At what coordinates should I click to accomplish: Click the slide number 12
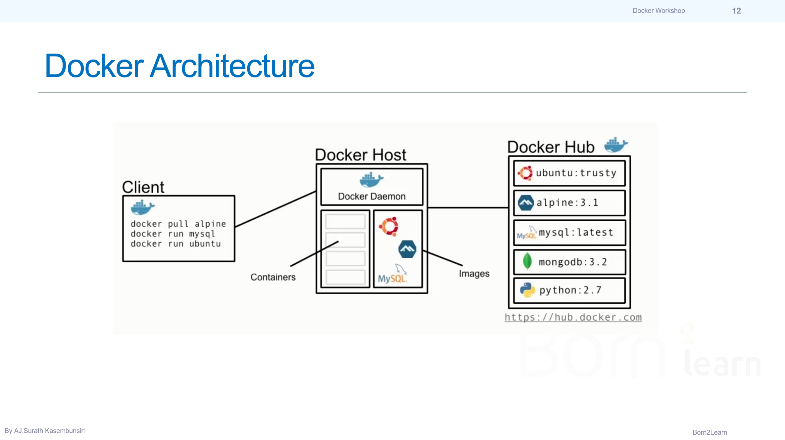[x=736, y=11]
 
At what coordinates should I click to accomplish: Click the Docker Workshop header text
[x=659, y=11]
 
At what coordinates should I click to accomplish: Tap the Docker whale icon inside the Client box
[x=143, y=207]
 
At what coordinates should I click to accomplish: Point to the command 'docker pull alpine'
[x=178, y=224]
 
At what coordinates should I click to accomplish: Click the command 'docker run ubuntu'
[x=176, y=244]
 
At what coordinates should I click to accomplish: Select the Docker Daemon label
[x=372, y=197]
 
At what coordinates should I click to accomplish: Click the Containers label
[x=273, y=277]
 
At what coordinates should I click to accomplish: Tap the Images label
[x=474, y=274]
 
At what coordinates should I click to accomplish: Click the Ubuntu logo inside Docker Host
[x=389, y=227]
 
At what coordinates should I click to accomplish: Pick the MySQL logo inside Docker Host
[x=393, y=274]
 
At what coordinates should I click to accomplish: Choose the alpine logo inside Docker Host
[x=407, y=249]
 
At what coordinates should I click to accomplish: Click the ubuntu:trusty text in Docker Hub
[x=576, y=173]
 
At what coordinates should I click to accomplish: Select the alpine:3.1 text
[x=567, y=202]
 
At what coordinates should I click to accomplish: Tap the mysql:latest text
[x=576, y=233]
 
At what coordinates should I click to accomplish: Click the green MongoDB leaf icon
[x=527, y=261]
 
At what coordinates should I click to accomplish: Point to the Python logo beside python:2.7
[x=527, y=290]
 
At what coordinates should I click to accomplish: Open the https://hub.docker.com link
[x=573, y=317]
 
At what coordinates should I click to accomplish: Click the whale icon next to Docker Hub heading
[x=616, y=145]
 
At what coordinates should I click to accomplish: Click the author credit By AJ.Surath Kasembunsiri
[x=45, y=431]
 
